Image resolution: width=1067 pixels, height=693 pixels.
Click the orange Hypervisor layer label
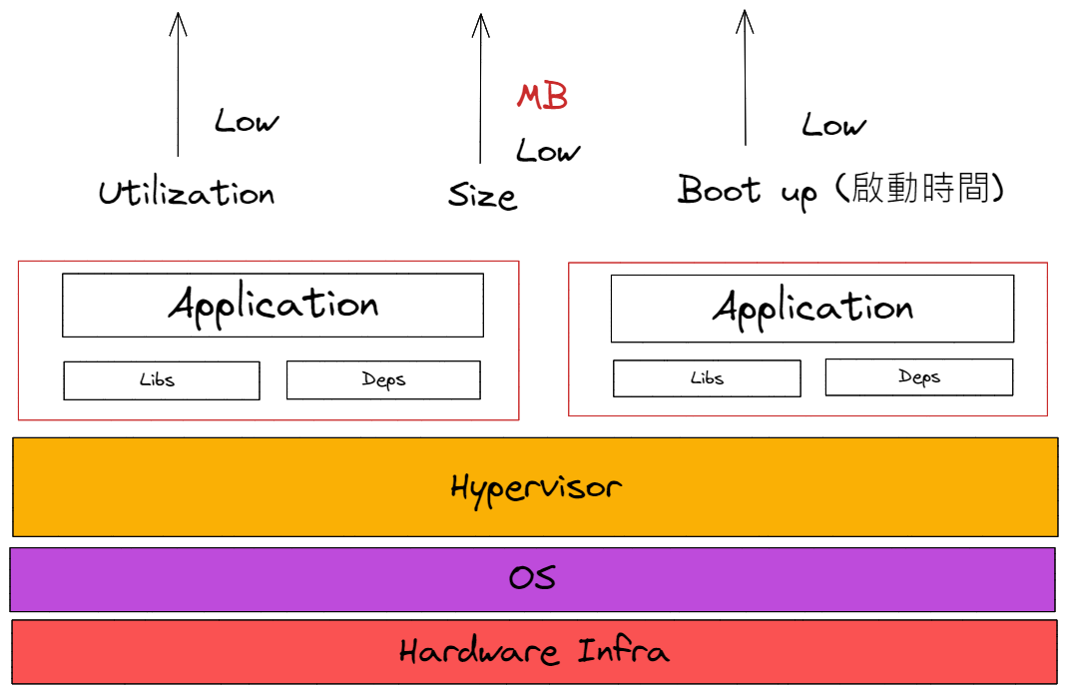click(535, 487)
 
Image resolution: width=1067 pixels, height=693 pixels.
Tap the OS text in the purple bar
click(532, 578)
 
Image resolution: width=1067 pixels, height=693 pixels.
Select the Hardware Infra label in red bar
click(534, 652)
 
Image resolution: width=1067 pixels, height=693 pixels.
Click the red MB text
click(542, 96)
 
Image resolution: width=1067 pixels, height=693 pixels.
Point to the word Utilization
click(187, 192)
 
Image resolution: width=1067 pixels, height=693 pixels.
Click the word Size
click(482, 195)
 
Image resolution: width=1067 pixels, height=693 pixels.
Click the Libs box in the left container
click(162, 380)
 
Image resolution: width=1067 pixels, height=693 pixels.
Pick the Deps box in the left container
click(383, 379)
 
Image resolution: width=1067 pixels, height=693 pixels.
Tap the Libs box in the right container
click(707, 378)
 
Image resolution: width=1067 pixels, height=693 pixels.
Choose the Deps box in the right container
click(918, 376)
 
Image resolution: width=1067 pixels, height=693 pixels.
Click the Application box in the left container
click(272, 305)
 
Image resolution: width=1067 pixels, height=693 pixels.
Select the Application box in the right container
click(811, 309)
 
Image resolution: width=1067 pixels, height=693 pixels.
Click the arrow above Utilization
click(178, 85)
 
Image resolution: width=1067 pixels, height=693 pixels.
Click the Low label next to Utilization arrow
click(247, 122)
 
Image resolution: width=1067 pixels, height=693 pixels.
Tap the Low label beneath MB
click(547, 152)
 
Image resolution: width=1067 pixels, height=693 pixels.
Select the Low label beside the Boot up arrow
click(833, 126)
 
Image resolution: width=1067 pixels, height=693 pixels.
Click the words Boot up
click(748, 190)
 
